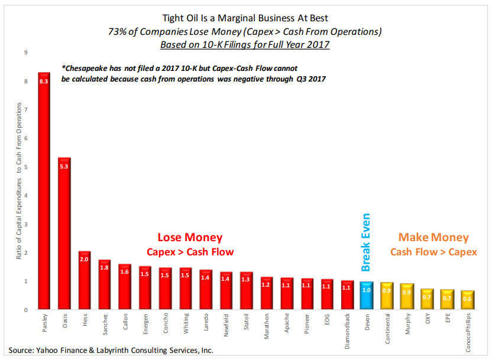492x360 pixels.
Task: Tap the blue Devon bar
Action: click(367, 296)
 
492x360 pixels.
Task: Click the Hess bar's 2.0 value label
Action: click(85, 259)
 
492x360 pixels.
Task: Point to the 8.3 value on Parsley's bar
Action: click(44, 82)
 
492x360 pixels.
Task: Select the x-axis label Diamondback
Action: click(347, 332)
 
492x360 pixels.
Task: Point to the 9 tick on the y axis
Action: click(25, 53)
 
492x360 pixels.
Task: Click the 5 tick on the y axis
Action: click(25, 167)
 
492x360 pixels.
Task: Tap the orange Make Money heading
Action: click(433, 238)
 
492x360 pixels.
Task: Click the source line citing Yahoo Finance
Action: click(111, 351)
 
